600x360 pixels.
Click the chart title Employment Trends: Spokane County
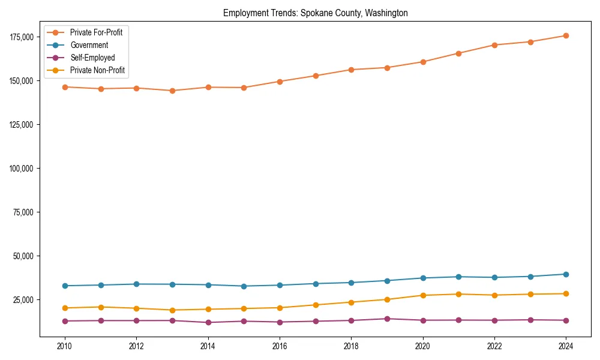[x=315, y=13]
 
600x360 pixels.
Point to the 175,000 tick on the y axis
[x=22, y=37]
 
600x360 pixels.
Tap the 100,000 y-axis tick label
[x=22, y=169]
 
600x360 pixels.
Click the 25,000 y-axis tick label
[x=24, y=300]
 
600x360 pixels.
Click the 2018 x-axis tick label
[x=351, y=346]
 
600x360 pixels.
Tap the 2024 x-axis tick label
[x=566, y=346]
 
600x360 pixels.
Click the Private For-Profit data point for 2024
[x=566, y=35]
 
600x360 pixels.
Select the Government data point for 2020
[x=423, y=278]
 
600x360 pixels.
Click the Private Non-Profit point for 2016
[x=280, y=308]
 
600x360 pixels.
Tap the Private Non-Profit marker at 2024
[x=566, y=293]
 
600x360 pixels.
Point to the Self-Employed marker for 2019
[x=387, y=319]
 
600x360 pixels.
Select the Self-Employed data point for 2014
[x=208, y=322]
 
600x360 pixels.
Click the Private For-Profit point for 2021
[x=458, y=53]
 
